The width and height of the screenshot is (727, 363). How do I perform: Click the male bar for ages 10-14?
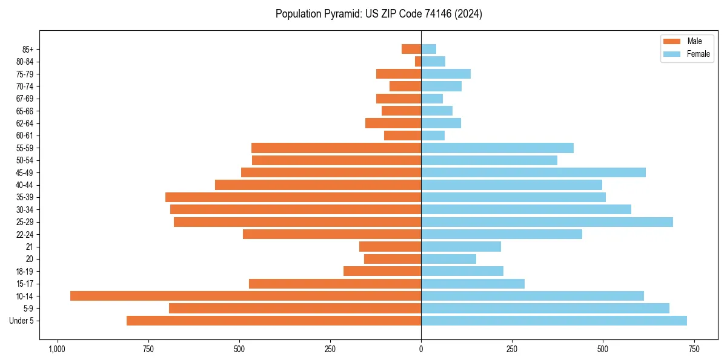pyautogui.click(x=245, y=296)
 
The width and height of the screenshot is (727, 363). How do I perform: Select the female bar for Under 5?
pyautogui.click(x=554, y=321)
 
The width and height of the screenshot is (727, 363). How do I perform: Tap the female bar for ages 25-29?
pyautogui.click(x=547, y=222)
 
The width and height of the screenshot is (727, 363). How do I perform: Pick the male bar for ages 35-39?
pyautogui.click(x=293, y=197)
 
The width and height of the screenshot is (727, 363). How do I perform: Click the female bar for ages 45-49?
pyautogui.click(x=533, y=172)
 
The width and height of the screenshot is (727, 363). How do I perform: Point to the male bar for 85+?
pyautogui.click(x=411, y=49)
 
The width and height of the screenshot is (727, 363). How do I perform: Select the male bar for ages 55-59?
pyautogui.click(x=336, y=148)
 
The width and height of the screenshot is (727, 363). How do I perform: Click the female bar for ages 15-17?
pyautogui.click(x=473, y=284)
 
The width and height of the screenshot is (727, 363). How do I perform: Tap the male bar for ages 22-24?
pyautogui.click(x=332, y=234)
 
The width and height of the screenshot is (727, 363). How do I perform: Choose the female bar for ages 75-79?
pyautogui.click(x=446, y=74)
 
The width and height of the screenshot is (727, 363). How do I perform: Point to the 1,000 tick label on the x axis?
pyautogui.click(x=57, y=349)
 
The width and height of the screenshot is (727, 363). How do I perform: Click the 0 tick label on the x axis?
pyautogui.click(x=421, y=349)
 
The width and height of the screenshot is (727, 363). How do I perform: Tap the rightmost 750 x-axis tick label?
pyautogui.click(x=694, y=349)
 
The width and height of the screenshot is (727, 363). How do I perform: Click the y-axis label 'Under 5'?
pyautogui.click(x=21, y=321)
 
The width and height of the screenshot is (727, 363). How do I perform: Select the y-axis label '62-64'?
pyautogui.click(x=24, y=123)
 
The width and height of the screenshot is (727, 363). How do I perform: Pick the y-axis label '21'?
pyautogui.click(x=29, y=247)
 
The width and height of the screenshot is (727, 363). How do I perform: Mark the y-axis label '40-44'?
pyautogui.click(x=24, y=185)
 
